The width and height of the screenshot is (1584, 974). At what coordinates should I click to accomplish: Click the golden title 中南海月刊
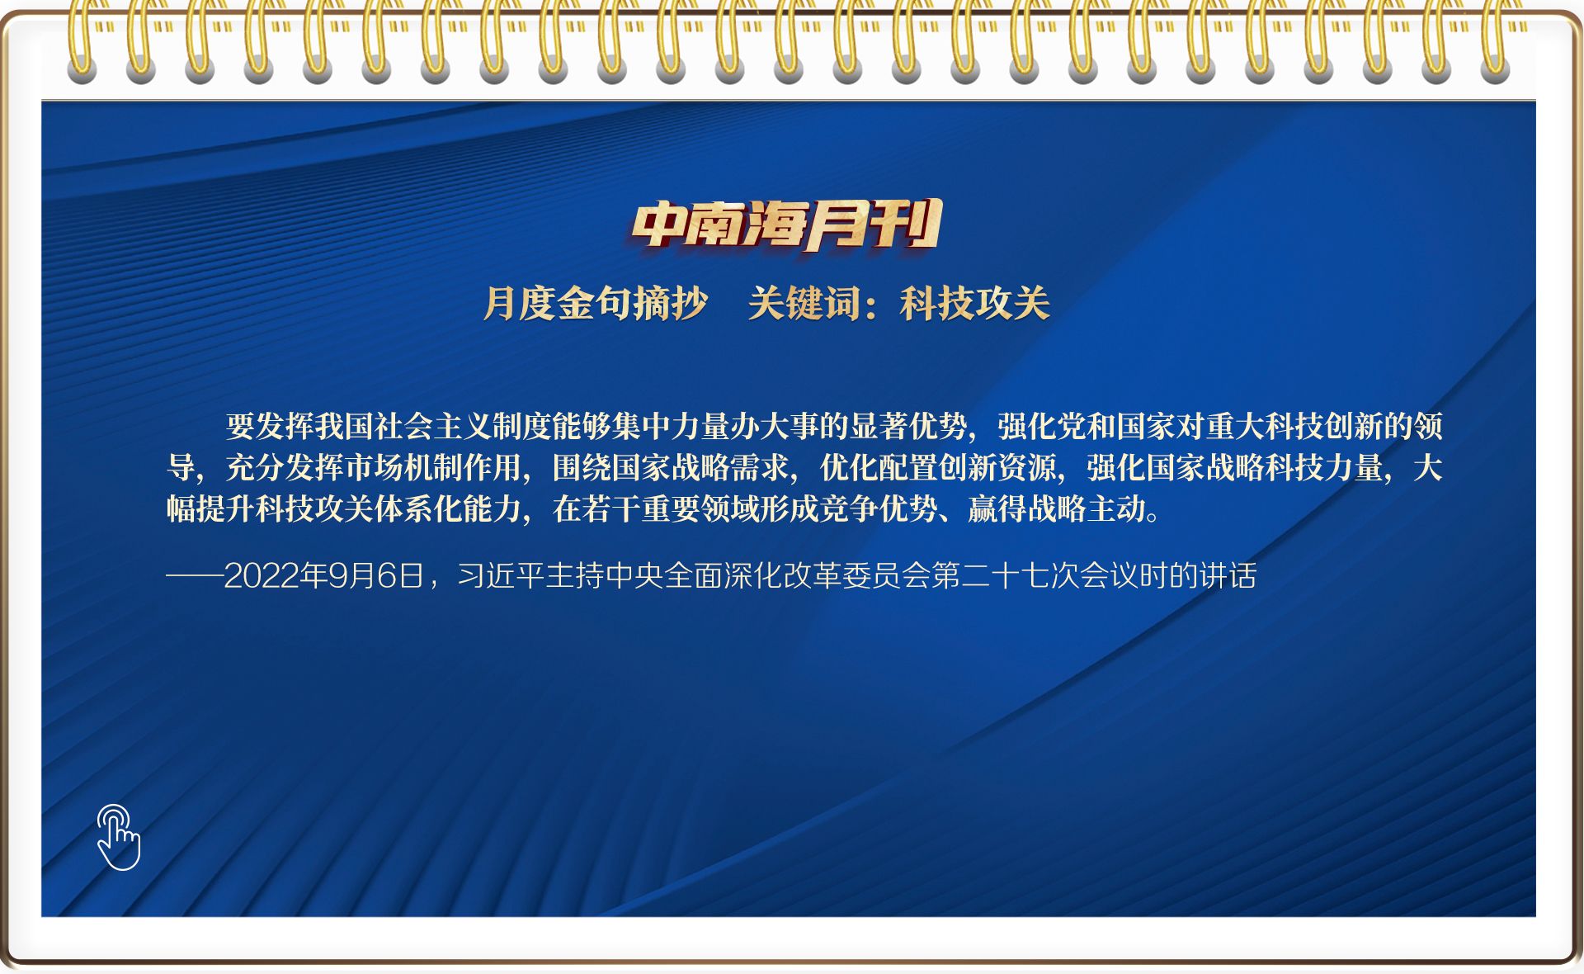pos(786,225)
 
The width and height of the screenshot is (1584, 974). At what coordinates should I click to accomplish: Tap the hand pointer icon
pos(119,837)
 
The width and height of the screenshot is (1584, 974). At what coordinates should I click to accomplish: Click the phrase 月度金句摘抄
pos(596,303)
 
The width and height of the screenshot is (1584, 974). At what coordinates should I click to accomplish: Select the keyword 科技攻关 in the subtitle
pos(975,303)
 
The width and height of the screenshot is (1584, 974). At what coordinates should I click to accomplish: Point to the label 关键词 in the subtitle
pos(804,303)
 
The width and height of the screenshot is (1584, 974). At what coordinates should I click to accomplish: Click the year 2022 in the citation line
pos(262,575)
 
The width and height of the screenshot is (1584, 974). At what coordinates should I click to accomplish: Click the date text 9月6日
pos(375,575)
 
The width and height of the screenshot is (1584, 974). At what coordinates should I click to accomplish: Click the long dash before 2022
pos(195,575)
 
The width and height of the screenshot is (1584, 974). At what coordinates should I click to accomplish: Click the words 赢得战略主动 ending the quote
pos(1057,508)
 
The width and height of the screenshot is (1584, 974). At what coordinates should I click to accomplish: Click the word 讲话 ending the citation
pos(1228,575)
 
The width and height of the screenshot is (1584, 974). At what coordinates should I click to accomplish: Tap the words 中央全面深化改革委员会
pos(768,575)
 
